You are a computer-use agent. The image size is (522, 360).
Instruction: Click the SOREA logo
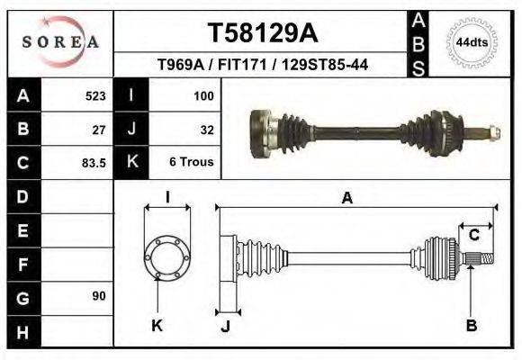(x=59, y=41)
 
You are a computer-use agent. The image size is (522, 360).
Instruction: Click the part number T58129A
(x=262, y=33)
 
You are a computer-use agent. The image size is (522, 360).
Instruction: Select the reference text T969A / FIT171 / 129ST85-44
(x=262, y=65)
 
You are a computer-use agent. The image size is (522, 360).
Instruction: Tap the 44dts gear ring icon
(x=470, y=42)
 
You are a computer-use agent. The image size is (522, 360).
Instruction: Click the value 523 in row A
(x=95, y=95)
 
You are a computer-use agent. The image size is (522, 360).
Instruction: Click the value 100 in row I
(x=203, y=95)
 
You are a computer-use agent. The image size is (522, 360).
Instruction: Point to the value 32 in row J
(x=207, y=129)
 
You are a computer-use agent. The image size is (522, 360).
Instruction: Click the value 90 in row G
(x=99, y=296)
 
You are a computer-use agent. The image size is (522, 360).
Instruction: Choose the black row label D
(x=22, y=195)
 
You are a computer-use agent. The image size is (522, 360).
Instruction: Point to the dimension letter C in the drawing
(x=473, y=235)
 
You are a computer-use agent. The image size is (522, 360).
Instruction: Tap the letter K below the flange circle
(x=157, y=325)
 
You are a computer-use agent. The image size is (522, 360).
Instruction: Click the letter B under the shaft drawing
(x=471, y=325)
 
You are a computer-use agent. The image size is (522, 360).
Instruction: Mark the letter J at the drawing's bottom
(x=225, y=326)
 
